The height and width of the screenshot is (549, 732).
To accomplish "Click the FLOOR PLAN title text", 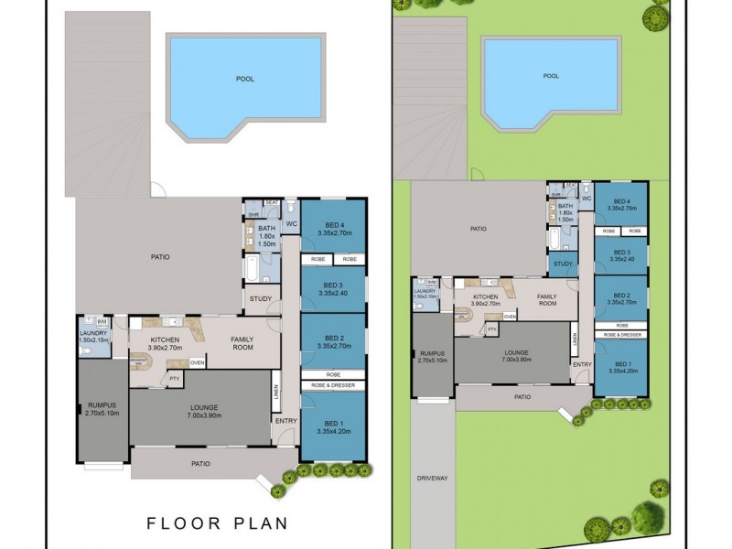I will point(218,524).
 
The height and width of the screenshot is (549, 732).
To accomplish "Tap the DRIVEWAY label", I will point(433,478).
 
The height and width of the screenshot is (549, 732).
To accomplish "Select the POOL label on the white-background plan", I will point(245,79).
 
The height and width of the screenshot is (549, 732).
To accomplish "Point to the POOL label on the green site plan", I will point(550,76).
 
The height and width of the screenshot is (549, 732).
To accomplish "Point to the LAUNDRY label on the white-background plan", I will point(93,333).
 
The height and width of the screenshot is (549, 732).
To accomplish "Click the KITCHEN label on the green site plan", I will point(485,297).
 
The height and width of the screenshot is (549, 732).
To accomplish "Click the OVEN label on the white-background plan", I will point(197,363).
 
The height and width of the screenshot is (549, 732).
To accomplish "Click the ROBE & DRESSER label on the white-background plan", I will point(332,386).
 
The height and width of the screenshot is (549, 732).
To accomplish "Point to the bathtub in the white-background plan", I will point(251,267).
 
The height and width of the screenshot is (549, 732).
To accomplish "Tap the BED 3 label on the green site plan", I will point(622,255).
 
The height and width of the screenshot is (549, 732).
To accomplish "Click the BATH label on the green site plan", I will point(565,206).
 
